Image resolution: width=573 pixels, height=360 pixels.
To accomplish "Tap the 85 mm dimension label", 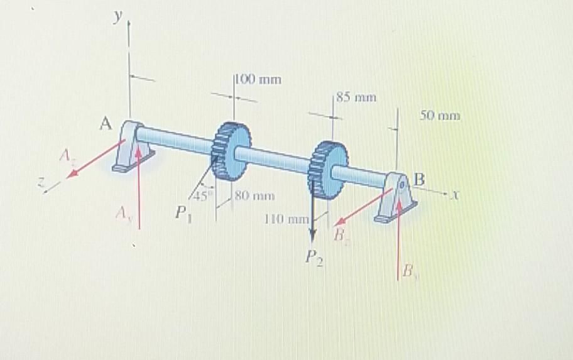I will click(x=356, y=97).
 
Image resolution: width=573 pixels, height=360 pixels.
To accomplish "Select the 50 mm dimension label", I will click(x=439, y=116).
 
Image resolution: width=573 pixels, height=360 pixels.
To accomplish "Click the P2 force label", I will click(x=313, y=258).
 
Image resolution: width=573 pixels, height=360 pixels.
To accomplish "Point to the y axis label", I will click(x=116, y=18).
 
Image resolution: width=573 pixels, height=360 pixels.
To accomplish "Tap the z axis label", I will click(x=43, y=182).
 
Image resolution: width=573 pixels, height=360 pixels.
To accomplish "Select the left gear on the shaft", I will click(x=229, y=150).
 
